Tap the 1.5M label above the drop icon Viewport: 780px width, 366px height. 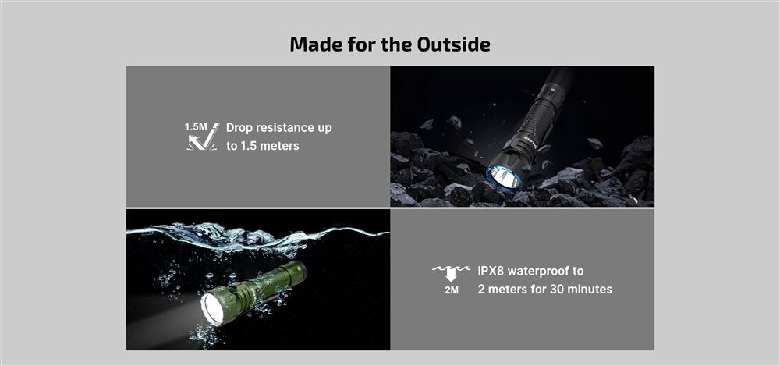[x=196, y=126]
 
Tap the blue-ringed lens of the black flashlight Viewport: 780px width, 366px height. [x=505, y=176]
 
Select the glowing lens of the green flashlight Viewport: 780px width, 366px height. [x=214, y=307]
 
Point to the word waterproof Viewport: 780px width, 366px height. [x=549, y=271]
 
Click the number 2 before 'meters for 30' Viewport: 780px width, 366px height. [x=482, y=290]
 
